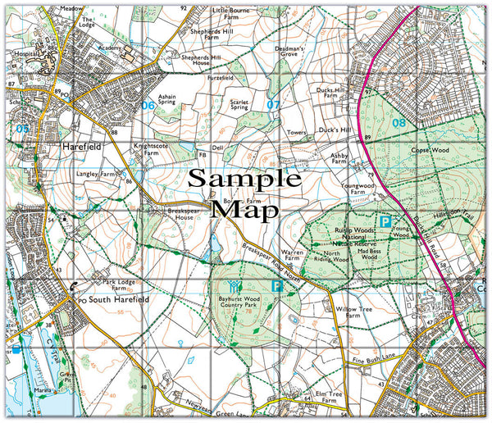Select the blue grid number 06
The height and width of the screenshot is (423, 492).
pyautogui.click(x=147, y=105)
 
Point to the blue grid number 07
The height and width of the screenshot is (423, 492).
pyautogui.click(x=273, y=104)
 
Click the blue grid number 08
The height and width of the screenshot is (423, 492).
pyautogui.click(x=399, y=123)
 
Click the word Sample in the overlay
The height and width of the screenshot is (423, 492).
pyautogui.click(x=246, y=180)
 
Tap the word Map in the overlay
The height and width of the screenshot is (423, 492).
pyautogui.click(x=244, y=209)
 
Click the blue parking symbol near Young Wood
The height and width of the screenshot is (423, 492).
pyautogui.click(x=383, y=221)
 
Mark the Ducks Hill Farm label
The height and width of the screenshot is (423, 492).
pyautogui.click(x=332, y=95)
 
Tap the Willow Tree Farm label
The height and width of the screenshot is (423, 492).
pyautogui.click(x=353, y=314)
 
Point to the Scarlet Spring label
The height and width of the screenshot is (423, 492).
pyautogui.click(x=239, y=103)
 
